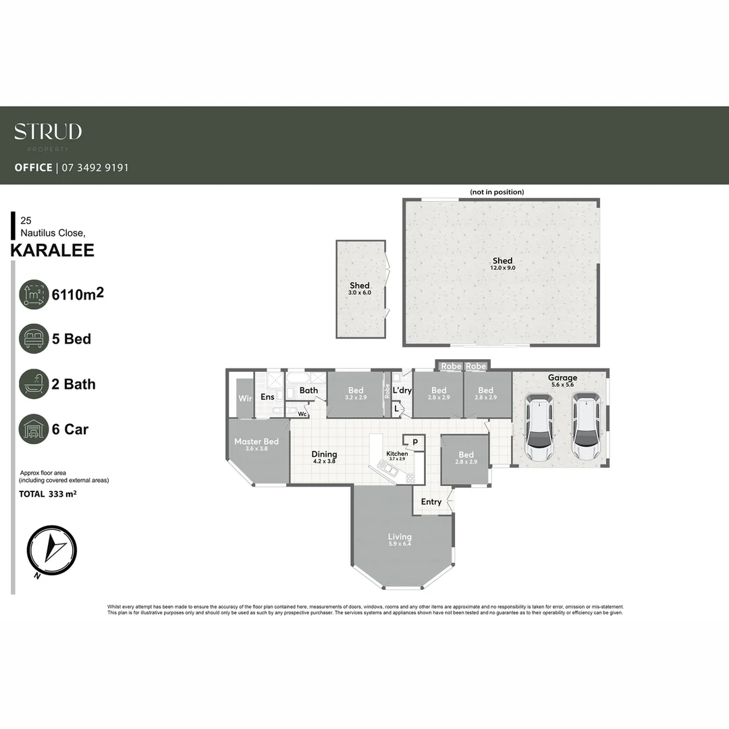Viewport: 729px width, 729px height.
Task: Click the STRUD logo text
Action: [x=48, y=132]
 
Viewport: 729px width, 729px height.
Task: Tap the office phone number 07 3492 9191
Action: [x=94, y=167]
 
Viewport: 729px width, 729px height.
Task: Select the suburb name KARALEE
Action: [x=53, y=251]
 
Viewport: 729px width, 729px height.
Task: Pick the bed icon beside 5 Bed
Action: [x=34, y=339]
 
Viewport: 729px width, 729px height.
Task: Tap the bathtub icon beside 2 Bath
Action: [x=34, y=384]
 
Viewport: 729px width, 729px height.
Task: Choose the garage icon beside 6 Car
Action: [x=34, y=429]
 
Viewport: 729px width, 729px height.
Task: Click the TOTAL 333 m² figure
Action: [x=47, y=494]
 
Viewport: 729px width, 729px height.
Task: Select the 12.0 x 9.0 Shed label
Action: [x=502, y=264]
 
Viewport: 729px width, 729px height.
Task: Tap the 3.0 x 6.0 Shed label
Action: [x=360, y=289]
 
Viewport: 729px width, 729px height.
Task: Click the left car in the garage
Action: [x=539, y=428]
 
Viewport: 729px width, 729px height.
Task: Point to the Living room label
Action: [x=400, y=540]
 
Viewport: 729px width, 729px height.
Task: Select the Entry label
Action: [x=431, y=502]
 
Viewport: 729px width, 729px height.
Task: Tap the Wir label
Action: [x=245, y=399]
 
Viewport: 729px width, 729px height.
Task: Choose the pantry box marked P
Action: [x=415, y=442]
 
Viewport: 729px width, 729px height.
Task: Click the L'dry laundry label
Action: [x=402, y=391]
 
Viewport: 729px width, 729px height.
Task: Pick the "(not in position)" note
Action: [x=497, y=192]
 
